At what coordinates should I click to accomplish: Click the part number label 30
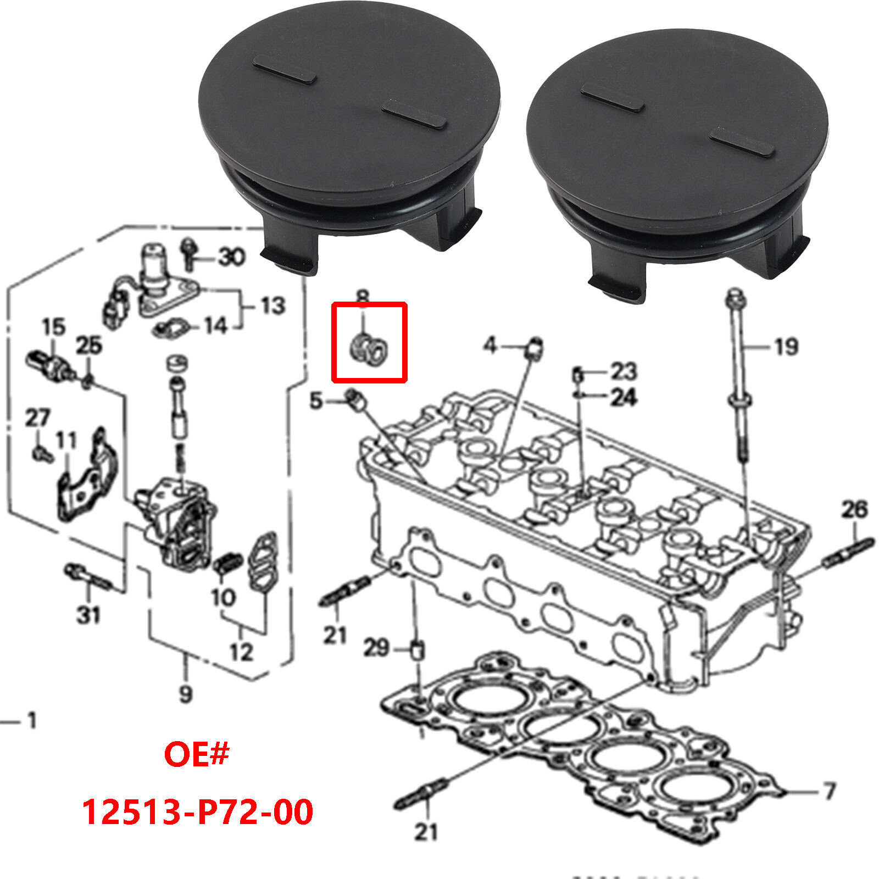click(231, 257)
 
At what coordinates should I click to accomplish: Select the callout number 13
click(273, 306)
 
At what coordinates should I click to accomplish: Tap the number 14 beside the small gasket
click(216, 326)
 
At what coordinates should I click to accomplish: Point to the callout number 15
click(54, 327)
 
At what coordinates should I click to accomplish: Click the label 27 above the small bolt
click(37, 418)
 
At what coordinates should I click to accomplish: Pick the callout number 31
click(88, 615)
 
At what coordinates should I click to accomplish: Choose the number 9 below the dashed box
click(186, 694)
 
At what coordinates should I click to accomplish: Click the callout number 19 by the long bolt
click(786, 347)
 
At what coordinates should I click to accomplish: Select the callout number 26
click(854, 510)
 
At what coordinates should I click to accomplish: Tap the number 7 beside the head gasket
click(830, 791)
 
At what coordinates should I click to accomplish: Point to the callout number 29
click(376, 648)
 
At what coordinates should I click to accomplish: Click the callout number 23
click(624, 372)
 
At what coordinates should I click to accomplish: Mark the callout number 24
click(624, 397)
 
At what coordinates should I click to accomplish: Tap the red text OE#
click(196, 754)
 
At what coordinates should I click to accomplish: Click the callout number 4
click(490, 346)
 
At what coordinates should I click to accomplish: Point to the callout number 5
click(316, 401)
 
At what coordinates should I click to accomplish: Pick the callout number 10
click(223, 597)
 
